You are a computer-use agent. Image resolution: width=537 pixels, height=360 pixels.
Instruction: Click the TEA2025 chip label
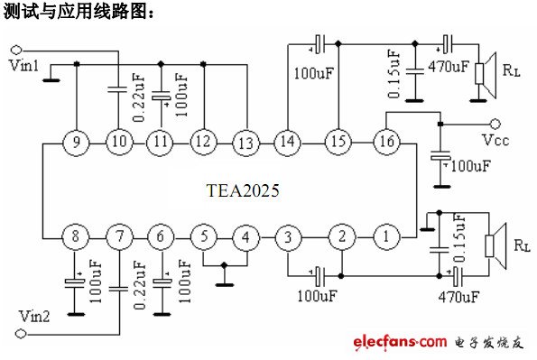pos(243,190)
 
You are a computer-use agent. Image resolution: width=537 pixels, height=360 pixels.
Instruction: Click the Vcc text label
pos(495,140)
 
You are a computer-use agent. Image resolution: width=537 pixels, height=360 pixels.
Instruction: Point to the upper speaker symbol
pos(486,75)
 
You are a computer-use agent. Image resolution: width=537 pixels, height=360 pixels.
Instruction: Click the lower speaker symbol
pos(495,245)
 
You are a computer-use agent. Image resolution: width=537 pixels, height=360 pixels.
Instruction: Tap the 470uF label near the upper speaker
pos(449,67)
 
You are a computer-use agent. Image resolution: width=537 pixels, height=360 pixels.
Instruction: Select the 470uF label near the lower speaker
pos(458,297)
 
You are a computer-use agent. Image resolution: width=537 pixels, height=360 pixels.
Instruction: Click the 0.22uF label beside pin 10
pos(139,98)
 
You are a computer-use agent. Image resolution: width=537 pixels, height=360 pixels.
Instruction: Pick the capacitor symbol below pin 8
pos(74,282)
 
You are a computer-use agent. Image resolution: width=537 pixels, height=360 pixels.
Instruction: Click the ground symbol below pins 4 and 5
pos(225,284)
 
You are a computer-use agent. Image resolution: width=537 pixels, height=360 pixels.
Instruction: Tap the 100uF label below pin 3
pos(317,296)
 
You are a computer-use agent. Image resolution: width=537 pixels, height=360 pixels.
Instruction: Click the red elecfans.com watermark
pos(400,341)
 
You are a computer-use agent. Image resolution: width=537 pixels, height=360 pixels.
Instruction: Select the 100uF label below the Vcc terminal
pos(470,166)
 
